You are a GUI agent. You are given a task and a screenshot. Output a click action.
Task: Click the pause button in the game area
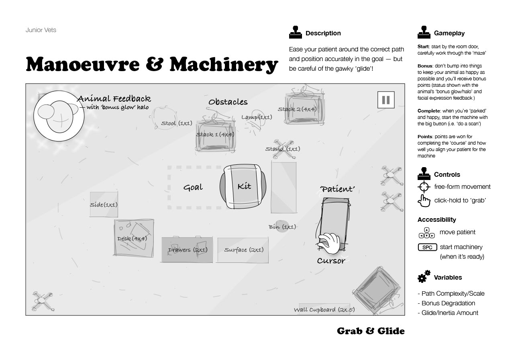tap(386, 100)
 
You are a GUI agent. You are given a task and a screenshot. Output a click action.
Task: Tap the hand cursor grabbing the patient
tap(330, 243)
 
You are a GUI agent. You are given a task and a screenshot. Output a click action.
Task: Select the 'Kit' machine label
tap(244, 186)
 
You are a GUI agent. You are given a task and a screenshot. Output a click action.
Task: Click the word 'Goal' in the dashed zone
tap(193, 188)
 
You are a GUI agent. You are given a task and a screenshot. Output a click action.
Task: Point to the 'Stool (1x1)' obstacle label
tap(177, 123)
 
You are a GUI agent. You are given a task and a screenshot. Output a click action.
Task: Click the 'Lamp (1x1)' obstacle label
tap(257, 117)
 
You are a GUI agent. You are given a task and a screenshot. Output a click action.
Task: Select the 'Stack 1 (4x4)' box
tap(215, 135)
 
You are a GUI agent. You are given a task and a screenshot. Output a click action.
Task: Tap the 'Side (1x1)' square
tap(104, 205)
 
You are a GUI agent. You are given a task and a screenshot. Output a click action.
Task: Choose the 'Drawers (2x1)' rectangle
tap(187, 250)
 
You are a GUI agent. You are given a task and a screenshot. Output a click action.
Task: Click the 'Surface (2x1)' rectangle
tap(243, 250)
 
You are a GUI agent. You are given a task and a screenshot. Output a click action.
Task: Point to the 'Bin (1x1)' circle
tap(283, 227)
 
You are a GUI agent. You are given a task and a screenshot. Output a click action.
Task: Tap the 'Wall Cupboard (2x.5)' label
tap(324, 310)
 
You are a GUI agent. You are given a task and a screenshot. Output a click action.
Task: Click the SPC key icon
tap(427, 247)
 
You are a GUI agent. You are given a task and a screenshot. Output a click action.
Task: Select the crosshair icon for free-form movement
tap(424, 187)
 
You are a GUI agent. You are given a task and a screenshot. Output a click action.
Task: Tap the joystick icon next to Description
tap(296, 33)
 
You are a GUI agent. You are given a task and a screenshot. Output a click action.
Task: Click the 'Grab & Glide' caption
tap(371, 331)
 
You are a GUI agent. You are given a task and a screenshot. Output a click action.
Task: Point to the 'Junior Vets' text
tap(41, 30)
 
